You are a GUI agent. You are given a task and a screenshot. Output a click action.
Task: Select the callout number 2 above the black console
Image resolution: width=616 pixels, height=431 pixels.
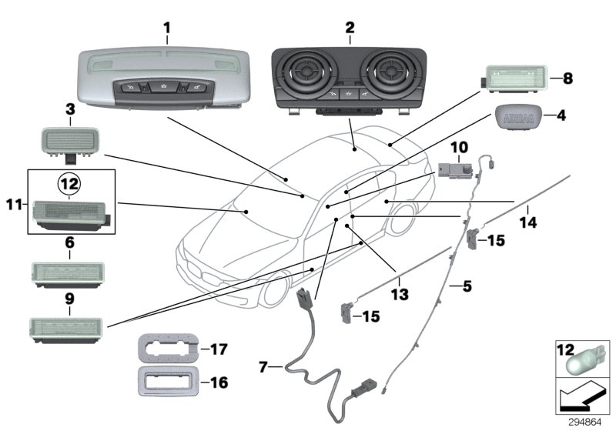(x=350, y=28)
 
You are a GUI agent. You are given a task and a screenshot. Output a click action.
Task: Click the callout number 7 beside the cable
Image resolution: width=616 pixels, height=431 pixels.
(x=263, y=367)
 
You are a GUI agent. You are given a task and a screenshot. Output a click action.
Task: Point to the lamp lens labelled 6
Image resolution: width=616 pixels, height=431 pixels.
(x=69, y=272)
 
